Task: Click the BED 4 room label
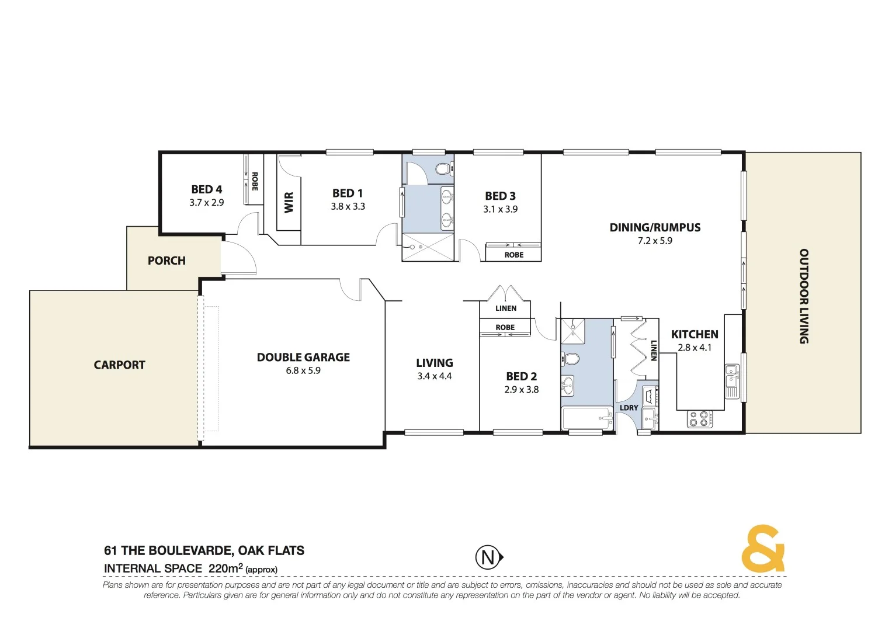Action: (206, 189)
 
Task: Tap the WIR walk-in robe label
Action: (289, 203)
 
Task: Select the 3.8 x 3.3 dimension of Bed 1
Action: (348, 206)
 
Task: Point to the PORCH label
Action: (166, 261)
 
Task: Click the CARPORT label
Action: (119, 365)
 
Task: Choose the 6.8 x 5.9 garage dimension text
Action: (303, 370)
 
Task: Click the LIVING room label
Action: (434, 363)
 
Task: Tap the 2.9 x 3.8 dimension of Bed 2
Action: (521, 390)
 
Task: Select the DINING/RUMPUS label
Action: (655, 227)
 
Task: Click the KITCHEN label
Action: (695, 334)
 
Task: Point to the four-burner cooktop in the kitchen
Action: (699, 418)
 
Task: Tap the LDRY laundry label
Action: (629, 408)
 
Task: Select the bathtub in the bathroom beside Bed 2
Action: (586, 418)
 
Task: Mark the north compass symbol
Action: (488, 557)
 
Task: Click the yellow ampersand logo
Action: (763, 549)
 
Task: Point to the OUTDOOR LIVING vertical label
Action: (804, 296)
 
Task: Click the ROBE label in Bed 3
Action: (513, 255)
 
